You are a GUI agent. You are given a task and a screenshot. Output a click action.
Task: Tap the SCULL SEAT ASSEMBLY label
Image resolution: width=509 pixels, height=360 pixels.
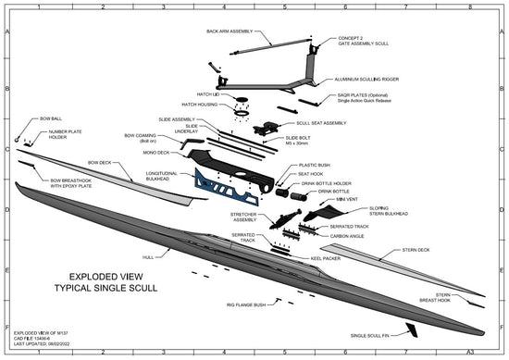321,122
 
